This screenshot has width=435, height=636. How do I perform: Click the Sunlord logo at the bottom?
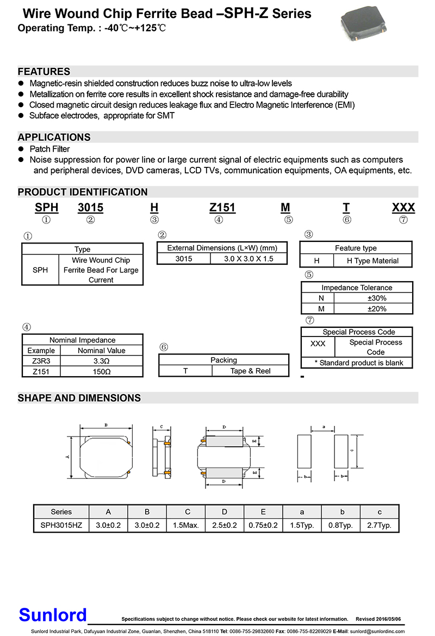(x=53, y=615)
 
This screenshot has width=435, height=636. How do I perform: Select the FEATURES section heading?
(x=44, y=72)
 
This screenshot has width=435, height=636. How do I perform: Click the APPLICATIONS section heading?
(x=54, y=137)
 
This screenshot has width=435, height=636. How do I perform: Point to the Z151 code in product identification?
(x=223, y=208)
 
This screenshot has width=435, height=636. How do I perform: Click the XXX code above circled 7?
(x=403, y=208)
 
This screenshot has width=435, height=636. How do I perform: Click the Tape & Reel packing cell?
(x=250, y=371)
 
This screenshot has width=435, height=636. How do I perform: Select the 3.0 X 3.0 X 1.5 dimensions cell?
(x=248, y=259)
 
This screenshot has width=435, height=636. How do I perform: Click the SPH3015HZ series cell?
(x=61, y=526)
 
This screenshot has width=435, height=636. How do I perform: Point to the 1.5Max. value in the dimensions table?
(x=186, y=526)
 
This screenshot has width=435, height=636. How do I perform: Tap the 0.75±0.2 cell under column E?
(x=263, y=526)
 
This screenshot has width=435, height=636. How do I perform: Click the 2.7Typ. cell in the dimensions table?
(x=379, y=526)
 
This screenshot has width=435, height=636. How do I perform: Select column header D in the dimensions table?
(x=225, y=512)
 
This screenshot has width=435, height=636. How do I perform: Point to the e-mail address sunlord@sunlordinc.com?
(x=377, y=632)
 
